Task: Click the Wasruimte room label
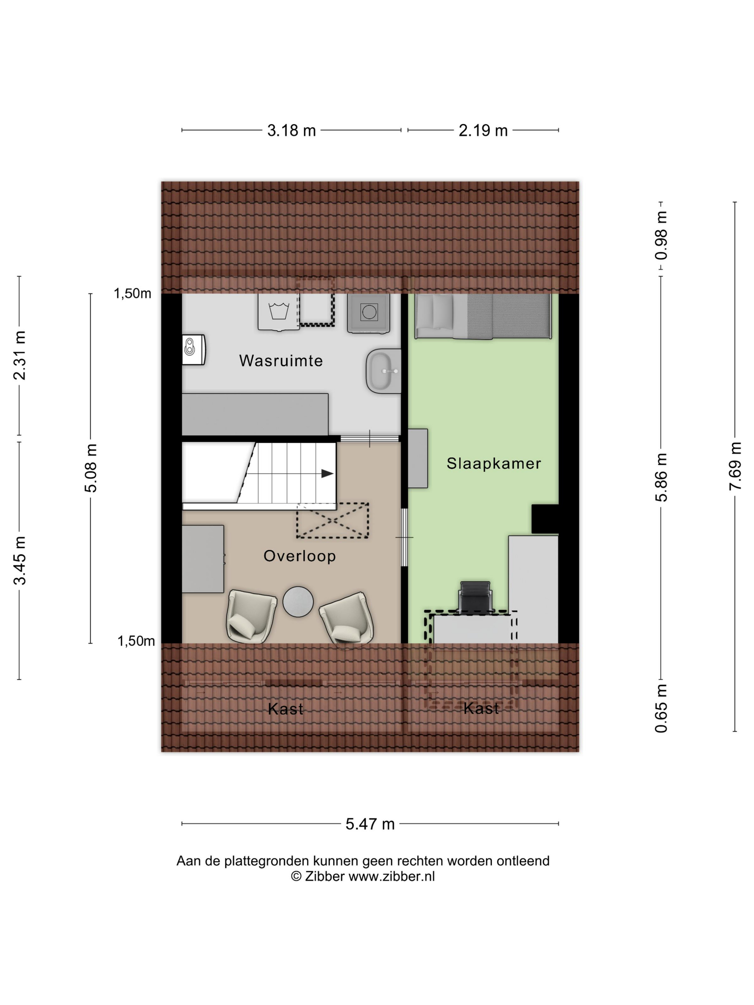coord(281,361)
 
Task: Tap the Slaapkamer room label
coord(494,463)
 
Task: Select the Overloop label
coord(299,556)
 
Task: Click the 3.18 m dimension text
coord(291,131)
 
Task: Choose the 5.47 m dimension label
coord(370,824)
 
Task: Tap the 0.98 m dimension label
coord(661,235)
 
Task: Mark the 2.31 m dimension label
coord(19,355)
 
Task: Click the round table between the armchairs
coord(298,602)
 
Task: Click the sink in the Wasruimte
coord(383,371)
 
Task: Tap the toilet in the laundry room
coord(194,350)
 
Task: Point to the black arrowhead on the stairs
coord(327,473)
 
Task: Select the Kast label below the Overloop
coord(285,709)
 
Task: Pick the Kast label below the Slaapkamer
coord(481,708)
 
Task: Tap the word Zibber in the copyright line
coord(325,877)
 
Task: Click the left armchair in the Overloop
coord(251,616)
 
